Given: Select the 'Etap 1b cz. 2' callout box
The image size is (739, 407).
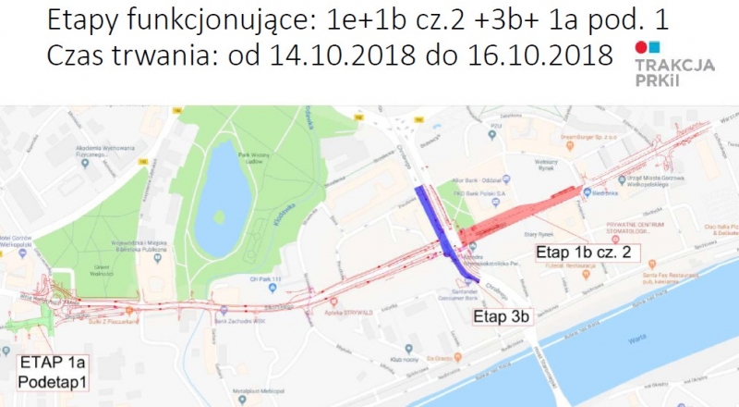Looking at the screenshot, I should pyautogui.click(x=584, y=253).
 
